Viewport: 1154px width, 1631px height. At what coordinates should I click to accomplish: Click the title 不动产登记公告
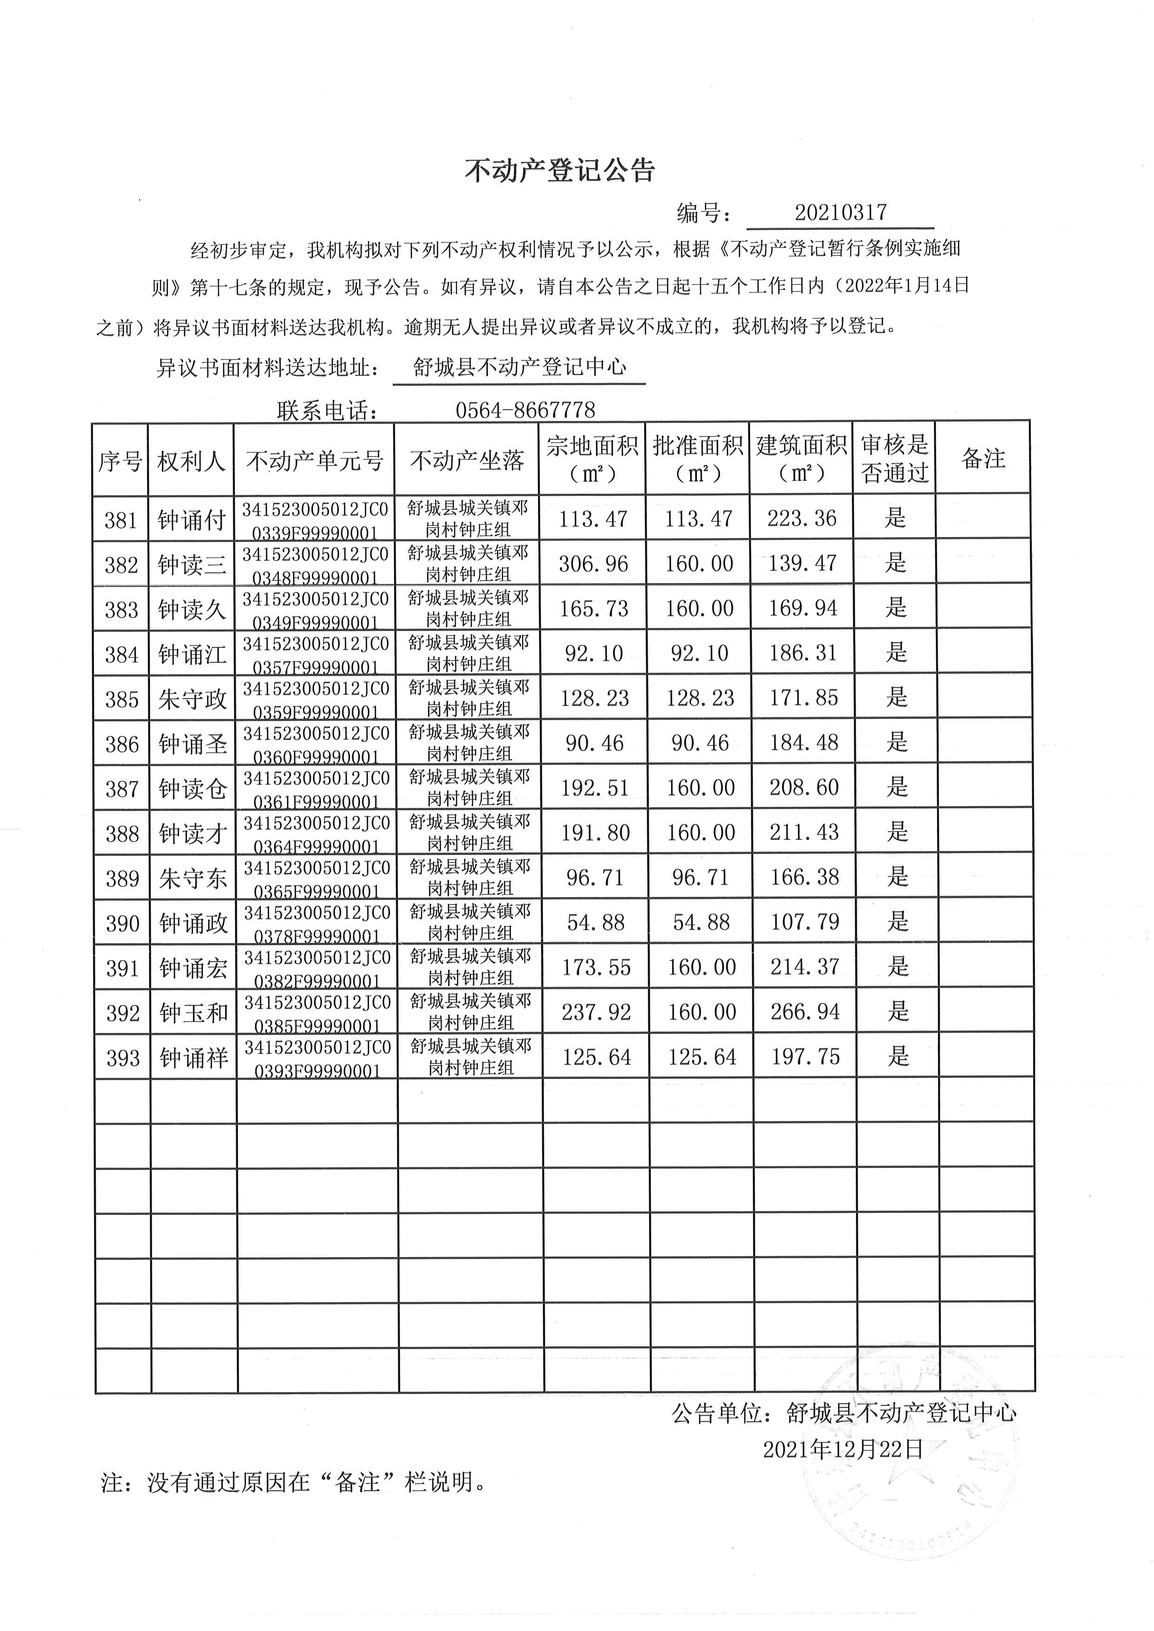(559, 171)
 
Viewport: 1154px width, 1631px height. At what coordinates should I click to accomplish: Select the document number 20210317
(841, 213)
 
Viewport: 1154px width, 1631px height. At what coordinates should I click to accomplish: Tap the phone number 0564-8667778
(525, 410)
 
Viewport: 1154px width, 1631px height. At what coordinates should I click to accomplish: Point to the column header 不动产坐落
(467, 461)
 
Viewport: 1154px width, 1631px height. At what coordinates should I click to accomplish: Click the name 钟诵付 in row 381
(192, 520)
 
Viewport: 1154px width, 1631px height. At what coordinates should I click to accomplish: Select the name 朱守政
(193, 700)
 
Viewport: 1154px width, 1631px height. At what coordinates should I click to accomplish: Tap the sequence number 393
(123, 1058)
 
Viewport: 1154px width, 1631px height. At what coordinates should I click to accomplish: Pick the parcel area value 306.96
(593, 564)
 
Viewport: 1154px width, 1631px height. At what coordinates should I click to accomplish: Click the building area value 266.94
(805, 1012)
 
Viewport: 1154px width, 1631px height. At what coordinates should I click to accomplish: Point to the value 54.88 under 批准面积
(701, 922)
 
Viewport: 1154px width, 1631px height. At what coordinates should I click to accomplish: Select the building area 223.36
(802, 519)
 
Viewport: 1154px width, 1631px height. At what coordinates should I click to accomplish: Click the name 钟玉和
(193, 1013)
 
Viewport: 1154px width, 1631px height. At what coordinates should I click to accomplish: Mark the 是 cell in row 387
(898, 787)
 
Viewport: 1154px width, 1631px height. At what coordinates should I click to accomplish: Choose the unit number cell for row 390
(317, 923)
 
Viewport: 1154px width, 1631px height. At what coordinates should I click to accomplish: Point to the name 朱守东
(193, 879)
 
